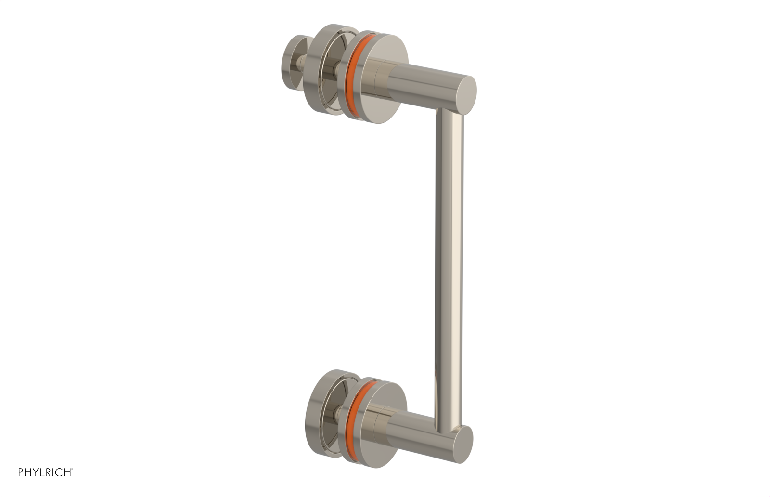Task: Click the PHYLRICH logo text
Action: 45,472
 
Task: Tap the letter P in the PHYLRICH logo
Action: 21,472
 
